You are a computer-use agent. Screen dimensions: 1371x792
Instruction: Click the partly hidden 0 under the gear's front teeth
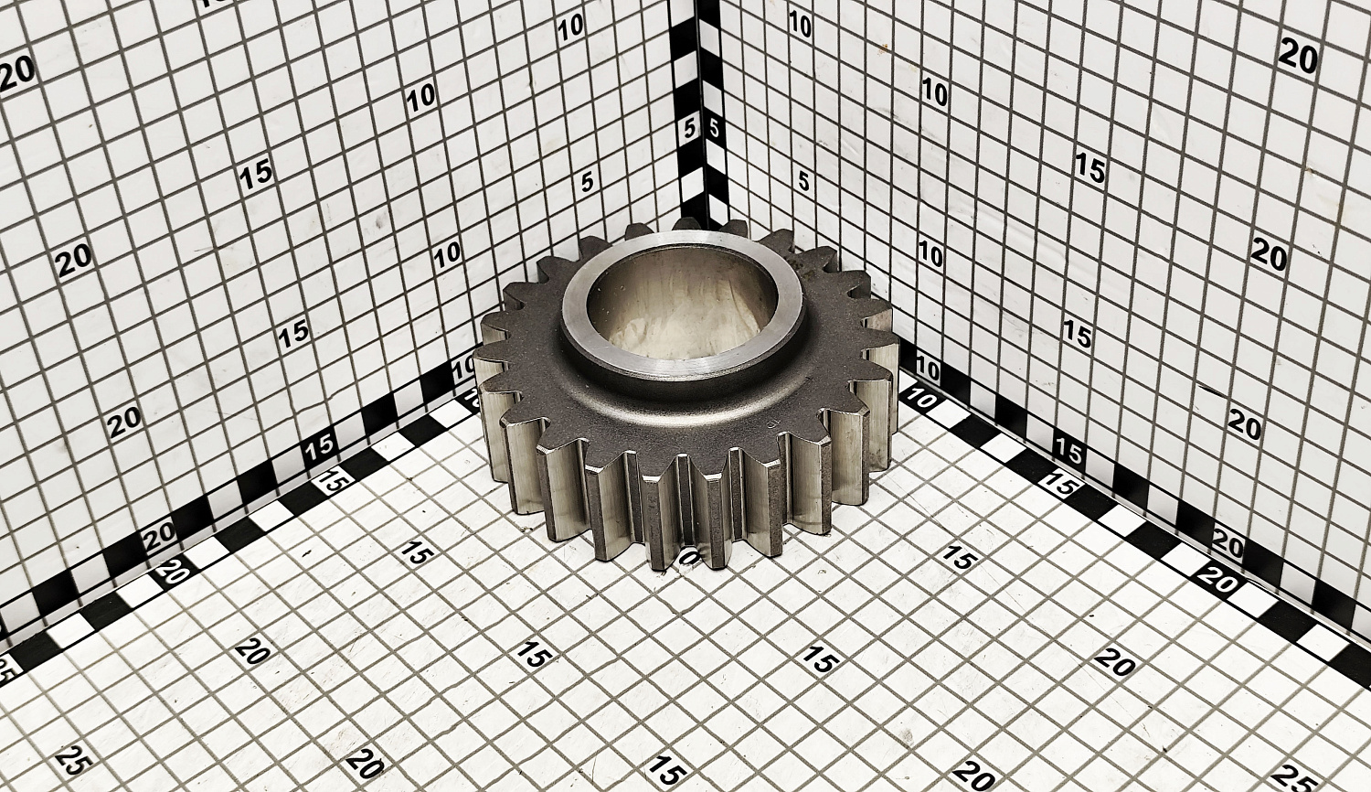(690, 556)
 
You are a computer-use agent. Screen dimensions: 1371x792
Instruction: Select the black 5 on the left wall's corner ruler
(690, 129)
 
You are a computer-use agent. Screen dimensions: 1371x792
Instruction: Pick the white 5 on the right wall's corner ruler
(714, 129)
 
